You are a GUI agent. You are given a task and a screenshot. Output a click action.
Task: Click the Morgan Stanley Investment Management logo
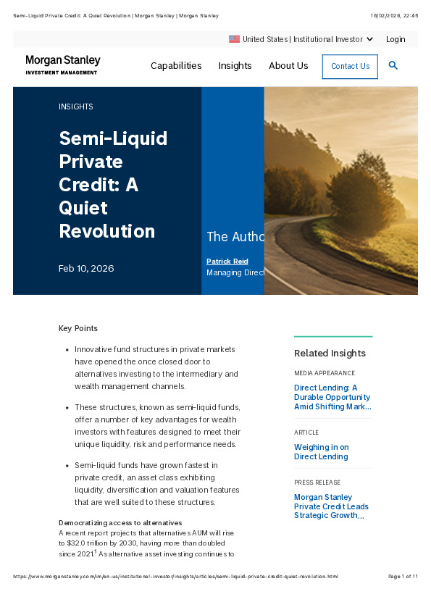coord(63,65)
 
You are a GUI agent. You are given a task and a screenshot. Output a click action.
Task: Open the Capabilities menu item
coord(176,66)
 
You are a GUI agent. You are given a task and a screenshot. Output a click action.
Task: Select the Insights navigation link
coord(235,66)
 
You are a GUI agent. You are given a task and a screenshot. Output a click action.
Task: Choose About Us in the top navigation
coord(288,66)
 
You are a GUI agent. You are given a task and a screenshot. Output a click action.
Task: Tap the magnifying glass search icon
coord(393,65)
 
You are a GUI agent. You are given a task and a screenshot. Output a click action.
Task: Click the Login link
coord(396,39)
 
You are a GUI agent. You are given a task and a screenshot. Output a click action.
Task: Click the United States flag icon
coord(234,39)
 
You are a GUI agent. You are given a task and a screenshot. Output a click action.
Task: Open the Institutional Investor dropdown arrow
coord(370,39)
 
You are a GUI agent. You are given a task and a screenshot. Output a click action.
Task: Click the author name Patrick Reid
coord(227,261)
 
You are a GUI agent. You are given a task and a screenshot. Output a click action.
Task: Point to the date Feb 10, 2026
coord(86,269)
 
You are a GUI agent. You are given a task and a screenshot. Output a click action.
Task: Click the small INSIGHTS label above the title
coord(76,106)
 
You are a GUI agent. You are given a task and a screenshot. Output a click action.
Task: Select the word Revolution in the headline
coord(107,231)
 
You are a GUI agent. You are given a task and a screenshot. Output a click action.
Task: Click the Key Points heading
coord(78,328)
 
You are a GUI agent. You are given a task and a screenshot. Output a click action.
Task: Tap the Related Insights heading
coord(330,354)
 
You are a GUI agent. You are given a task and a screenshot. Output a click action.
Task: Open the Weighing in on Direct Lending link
coord(321,452)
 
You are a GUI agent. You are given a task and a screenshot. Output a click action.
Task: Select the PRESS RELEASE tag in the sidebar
coord(317,482)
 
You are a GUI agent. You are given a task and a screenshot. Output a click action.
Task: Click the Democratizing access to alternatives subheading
coord(120,523)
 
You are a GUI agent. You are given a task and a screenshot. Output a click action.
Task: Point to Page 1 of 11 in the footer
coord(403,577)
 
